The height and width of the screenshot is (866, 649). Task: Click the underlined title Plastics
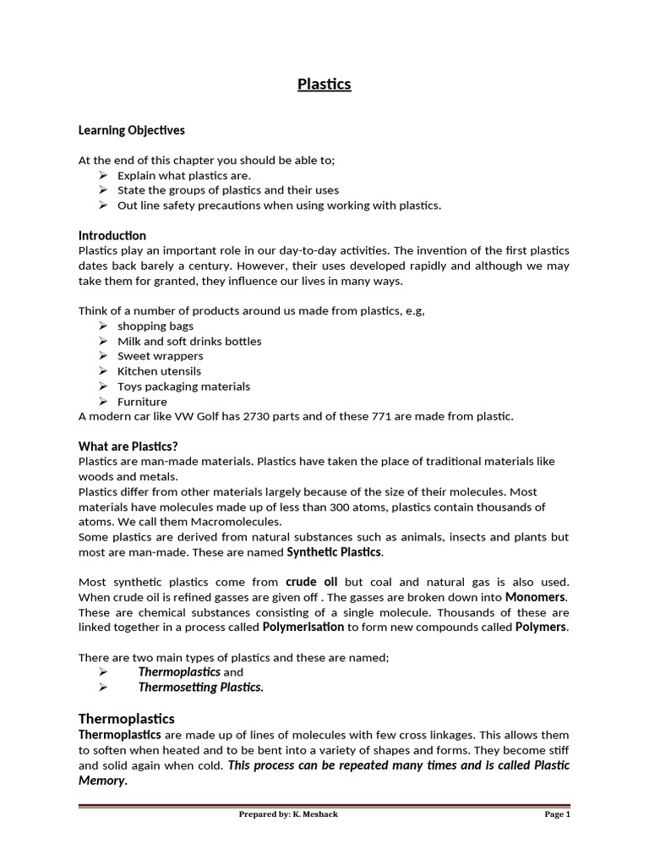point(324,85)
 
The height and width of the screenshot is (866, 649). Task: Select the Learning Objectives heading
point(131,130)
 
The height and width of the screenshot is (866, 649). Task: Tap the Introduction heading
point(112,235)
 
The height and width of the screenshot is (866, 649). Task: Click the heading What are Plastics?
point(128,446)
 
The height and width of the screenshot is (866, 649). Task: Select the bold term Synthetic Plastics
point(335,552)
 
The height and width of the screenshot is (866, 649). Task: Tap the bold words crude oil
point(312,582)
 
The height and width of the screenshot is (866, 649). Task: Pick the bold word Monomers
point(536,597)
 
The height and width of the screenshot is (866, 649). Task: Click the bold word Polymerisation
point(303,627)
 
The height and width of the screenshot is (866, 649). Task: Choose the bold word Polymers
point(542,627)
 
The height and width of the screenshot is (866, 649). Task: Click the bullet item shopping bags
point(155,326)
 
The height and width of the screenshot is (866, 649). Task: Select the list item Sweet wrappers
point(161,356)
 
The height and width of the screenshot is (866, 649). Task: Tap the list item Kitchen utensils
point(159,371)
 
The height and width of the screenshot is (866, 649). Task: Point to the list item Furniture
point(142,402)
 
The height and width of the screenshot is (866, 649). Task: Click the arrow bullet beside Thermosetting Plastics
point(102,687)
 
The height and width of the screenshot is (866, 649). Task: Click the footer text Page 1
point(558,815)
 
